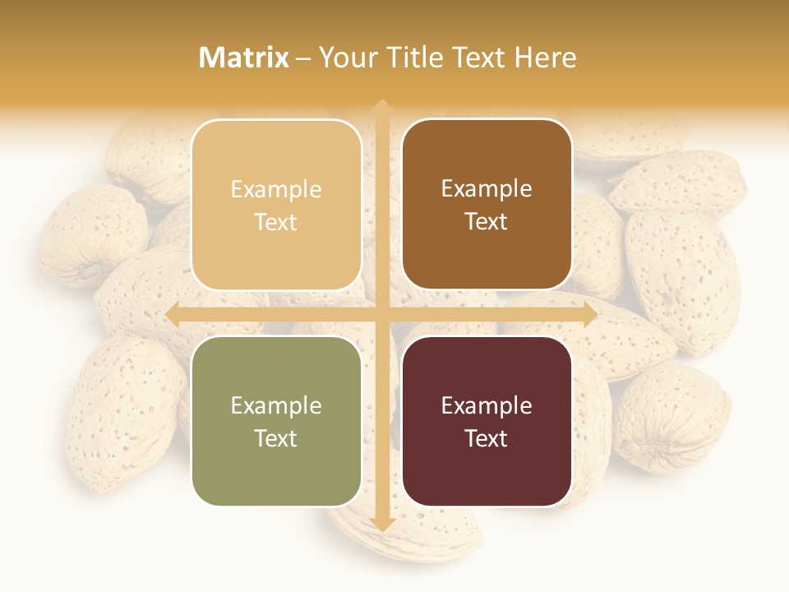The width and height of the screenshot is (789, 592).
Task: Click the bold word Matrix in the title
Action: coord(244,58)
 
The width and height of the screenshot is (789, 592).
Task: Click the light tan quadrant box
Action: coord(276,205)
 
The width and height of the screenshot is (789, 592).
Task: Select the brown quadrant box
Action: coord(487,205)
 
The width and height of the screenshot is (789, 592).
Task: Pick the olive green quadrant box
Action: coord(276,421)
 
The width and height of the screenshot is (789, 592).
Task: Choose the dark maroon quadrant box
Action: coord(487,421)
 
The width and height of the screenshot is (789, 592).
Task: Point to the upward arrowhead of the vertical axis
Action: coord(381,106)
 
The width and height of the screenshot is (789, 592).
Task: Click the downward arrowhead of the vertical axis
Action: coord(381,525)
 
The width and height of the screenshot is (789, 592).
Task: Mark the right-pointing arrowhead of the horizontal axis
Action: coord(589,315)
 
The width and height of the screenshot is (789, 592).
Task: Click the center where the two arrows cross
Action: coord(381,315)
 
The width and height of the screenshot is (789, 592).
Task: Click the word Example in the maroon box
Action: coord(487,405)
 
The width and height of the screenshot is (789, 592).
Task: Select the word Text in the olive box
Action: coord(276,438)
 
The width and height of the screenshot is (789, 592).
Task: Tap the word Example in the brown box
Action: coord(487,188)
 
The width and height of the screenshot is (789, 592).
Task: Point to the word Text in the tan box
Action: coord(276,222)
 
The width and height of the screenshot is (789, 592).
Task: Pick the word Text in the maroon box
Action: coord(487,438)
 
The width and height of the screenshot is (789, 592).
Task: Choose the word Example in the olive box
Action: coord(276,405)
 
